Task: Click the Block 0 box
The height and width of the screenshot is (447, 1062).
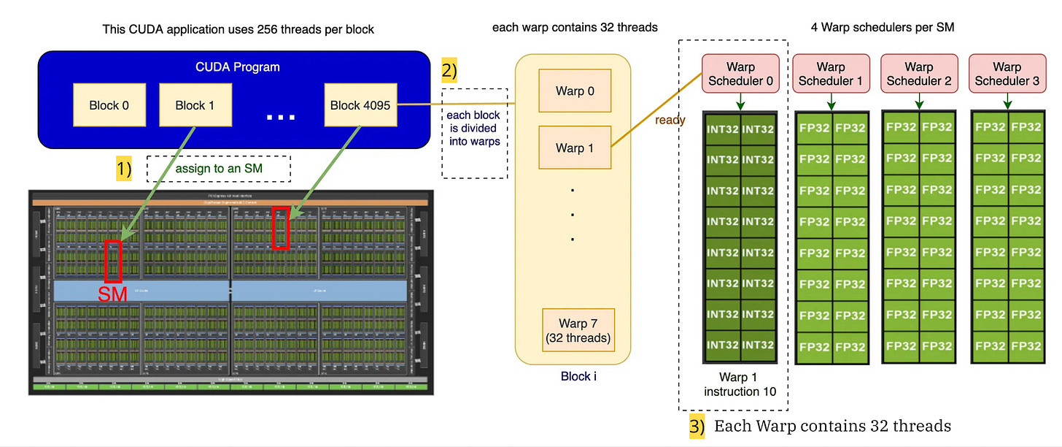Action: (x=109, y=105)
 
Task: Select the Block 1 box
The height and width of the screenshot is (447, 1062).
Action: (x=195, y=105)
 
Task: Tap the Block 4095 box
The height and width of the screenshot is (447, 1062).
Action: (x=360, y=105)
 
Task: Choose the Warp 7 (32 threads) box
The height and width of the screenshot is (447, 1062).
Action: (x=578, y=330)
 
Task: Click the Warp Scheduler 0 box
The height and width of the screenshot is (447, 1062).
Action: (x=740, y=74)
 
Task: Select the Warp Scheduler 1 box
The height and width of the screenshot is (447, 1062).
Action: (x=830, y=74)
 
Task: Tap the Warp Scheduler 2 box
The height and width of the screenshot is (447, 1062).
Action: (x=918, y=74)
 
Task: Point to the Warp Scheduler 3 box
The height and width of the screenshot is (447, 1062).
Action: (x=1007, y=74)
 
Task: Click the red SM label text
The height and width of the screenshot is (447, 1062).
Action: (x=112, y=294)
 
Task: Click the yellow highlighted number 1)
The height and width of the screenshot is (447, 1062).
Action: (x=124, y=169)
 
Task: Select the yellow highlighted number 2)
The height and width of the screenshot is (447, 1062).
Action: (x=449, y=71)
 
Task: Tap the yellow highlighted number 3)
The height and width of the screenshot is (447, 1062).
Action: (x=697, y=427)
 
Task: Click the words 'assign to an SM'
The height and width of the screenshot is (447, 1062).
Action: (x=218, y=169)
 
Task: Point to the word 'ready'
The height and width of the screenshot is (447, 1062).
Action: (x=670, y=120)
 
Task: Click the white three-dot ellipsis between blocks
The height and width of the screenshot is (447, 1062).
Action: (x=280, y=117)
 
